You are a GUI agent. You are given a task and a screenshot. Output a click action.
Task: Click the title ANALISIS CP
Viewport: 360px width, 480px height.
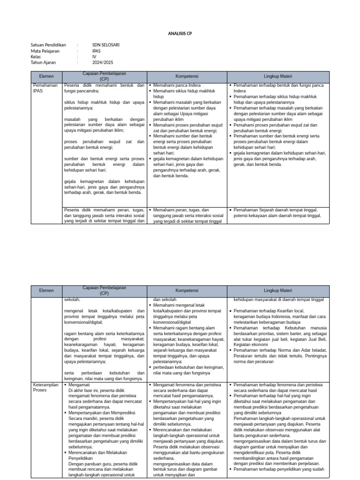tap(180, 34)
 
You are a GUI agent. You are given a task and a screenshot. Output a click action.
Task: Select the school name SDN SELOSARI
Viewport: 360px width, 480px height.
tap(106, 45)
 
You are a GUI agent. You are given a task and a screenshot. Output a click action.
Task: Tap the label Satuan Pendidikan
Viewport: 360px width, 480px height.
tap(49, 45)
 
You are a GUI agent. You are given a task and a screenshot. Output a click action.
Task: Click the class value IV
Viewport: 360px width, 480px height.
tap(94, 56)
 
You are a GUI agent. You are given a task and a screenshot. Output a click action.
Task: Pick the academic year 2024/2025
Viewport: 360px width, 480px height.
tap(103, 62)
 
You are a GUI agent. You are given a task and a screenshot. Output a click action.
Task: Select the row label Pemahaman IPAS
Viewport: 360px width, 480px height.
tap(45, 88)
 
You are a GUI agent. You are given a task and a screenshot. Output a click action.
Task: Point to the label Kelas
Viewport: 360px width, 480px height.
tap(37, 56)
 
